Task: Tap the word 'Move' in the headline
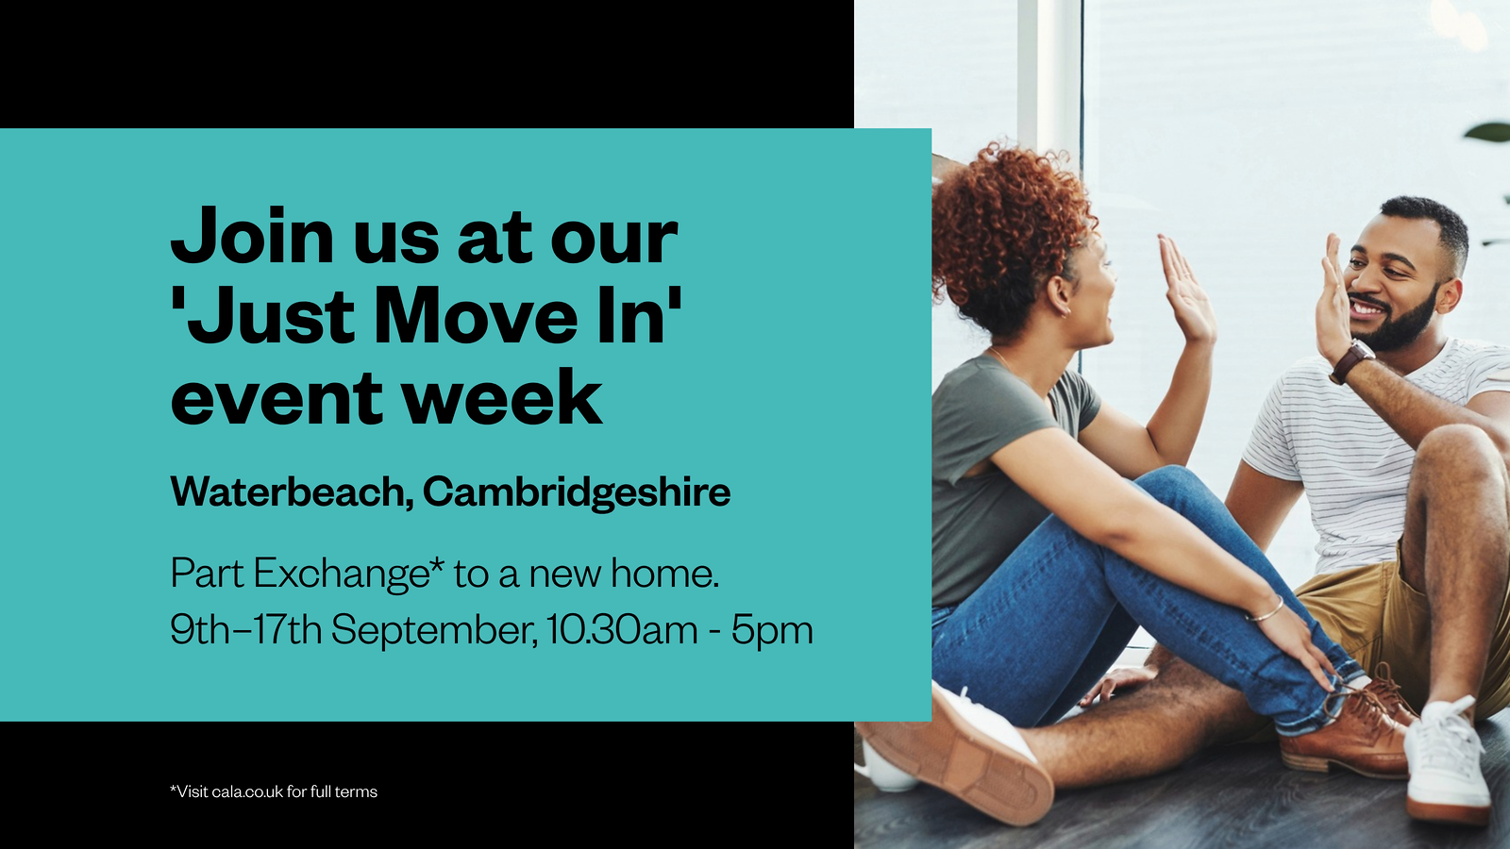point(476,317)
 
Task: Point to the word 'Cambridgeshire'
point(576,492)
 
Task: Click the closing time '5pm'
point(772,630)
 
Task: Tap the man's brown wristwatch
point(1351,362)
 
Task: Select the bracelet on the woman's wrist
point(1269,610)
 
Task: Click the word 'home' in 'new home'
point(663,574)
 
